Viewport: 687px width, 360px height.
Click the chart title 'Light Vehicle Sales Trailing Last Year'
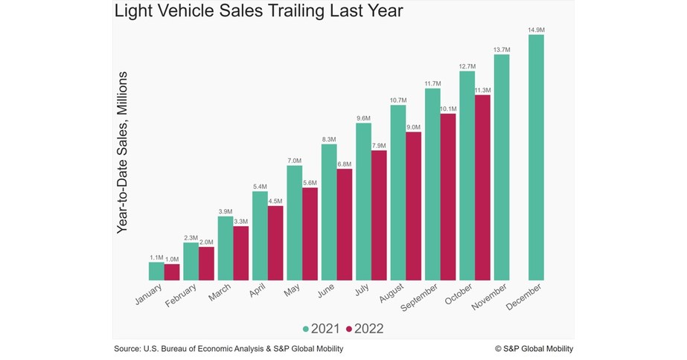point(258,13)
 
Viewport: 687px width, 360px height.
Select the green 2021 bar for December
point(536,157)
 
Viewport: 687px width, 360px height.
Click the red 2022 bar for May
point(310,234)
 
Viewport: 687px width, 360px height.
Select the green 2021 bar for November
point(502,167)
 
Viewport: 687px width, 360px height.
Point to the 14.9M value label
point(536,30)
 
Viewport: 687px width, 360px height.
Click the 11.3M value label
point(483,90)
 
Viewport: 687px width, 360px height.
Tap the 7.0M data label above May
point(294,161)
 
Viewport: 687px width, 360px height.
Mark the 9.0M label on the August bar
point(414,126)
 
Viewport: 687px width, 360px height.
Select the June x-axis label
point(327,292)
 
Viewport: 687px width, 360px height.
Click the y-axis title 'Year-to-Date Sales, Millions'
point(124,153)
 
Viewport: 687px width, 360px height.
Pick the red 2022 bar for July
point(379,215)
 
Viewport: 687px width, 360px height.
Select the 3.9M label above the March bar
point(225,211)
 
